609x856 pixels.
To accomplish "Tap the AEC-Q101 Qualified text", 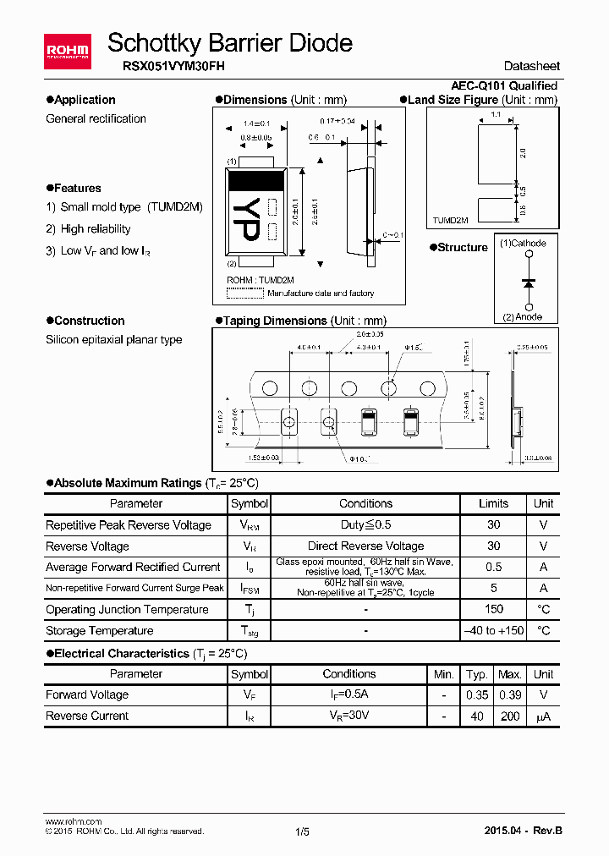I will (x=504, y=85).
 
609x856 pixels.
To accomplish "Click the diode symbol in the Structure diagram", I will (x=529, y=282).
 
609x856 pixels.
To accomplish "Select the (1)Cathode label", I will (x=523, y=244).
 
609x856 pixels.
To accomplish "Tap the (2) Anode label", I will (x=523, y=317).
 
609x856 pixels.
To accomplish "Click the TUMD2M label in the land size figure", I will (x=451, y=220).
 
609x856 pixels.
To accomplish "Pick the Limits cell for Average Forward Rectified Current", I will (x=494, y=567).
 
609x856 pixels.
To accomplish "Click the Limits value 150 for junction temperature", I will (x=494, y=609).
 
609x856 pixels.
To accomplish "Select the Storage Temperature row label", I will (x=99, y=630).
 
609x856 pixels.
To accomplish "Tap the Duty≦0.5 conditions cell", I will (x=365, y=524).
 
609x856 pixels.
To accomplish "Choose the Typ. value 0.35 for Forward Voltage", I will (x=477, y=694).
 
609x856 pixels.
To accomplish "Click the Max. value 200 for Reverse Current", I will (x=510, y=716).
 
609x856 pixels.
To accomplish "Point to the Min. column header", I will (x=443, y=674).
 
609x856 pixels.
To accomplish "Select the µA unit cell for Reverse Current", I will (x=543, y=716).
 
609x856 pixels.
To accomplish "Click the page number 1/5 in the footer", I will (x=303, y=831).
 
